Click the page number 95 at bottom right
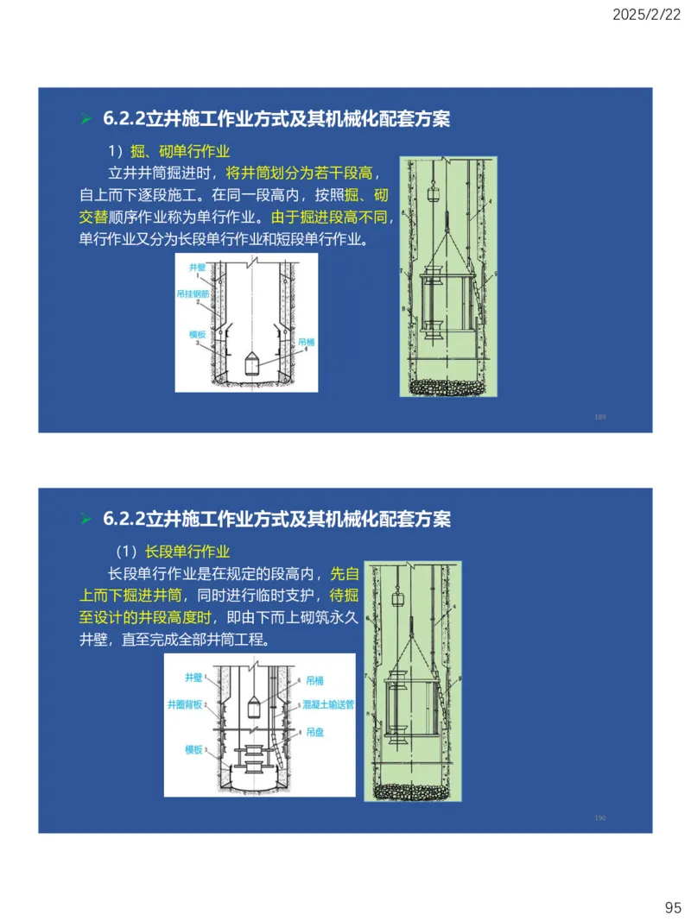click(x=673, y=907)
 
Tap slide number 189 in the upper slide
click(x=600, y=417)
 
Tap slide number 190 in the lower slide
click(x=600, y=817)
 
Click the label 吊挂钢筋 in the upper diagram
click(x=192, y=294)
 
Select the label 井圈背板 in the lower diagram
click(x=185, y=704)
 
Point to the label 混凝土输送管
click(x=329, y=704)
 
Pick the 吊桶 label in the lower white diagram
click(x=314, y=680)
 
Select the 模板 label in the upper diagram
click(x=198, y=334)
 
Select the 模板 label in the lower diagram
click(x=193, y=750)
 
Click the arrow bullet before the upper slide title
click(x=85, y=119)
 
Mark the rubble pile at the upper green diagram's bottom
click(x=447, y=388)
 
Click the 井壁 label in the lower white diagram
click(x=193, y=678)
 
